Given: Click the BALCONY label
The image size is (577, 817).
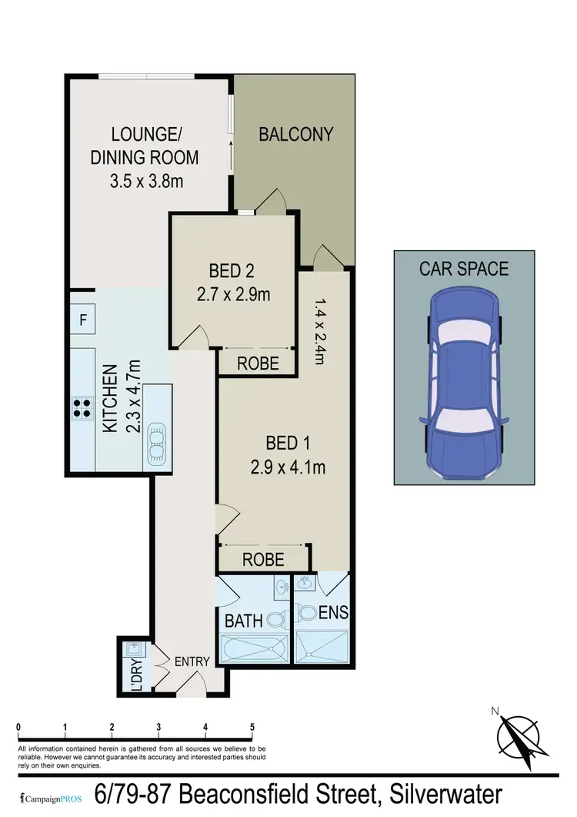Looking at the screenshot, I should click(295, 134).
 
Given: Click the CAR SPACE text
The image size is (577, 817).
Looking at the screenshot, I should click(463, 269).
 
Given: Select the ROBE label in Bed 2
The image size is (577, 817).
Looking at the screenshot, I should click(258, 364).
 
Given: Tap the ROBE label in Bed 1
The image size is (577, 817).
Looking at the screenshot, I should click(263, 560).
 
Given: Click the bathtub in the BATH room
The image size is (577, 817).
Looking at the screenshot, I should click(255, 648).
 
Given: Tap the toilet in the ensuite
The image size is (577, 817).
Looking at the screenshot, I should click(308, 614).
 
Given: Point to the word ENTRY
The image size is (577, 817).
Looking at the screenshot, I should click(192, 661).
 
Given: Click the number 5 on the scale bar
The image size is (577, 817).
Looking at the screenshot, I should click(252, 727).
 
